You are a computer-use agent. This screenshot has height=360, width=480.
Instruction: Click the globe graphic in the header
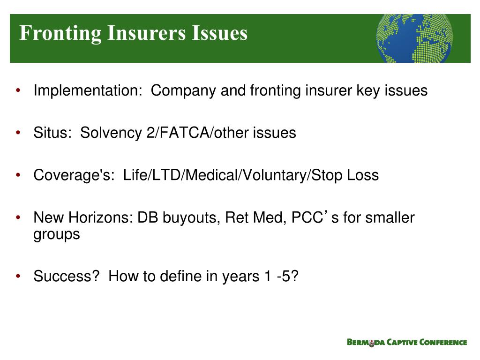click(x=414, y=38)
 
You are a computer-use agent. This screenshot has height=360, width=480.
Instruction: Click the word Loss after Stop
click(x=362, y=175)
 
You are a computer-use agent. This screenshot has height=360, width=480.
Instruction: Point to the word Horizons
click(x=101, y=218)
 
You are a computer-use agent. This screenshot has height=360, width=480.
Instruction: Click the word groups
click(x=57, y=234)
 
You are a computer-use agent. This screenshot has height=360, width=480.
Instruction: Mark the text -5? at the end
click(x=287, y=277)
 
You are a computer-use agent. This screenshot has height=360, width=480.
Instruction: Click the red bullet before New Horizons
click(x=18, y=218)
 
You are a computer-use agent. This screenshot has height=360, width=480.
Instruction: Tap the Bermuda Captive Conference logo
click(x=407, y=342)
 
